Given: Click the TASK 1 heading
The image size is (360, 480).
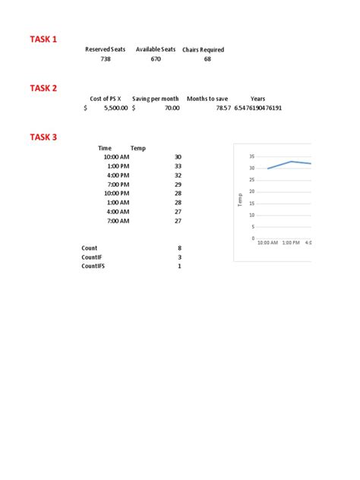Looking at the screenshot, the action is coord(43,39).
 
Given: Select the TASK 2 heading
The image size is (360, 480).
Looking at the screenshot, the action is coord(43,88).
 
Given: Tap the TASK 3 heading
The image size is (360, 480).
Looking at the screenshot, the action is coord(43,137).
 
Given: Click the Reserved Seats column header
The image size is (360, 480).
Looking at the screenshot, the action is coord(105,49).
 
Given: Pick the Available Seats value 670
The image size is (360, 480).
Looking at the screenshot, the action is coord(156,59).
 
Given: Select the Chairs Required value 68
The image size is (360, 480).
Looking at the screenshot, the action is coord(207,59).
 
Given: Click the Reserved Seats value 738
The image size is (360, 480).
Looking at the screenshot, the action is coord(106,59).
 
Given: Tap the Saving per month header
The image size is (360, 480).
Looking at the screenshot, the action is coord(156,99).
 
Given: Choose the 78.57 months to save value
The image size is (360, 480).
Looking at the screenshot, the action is coord(223,109).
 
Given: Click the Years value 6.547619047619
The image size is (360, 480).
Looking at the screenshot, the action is coord(258,109).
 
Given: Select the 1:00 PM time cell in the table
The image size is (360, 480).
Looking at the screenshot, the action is coord(118,166).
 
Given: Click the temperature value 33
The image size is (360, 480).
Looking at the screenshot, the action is coord(178,166).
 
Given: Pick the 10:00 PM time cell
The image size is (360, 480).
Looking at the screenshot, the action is coord(116,194).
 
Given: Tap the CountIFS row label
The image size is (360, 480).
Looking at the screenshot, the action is coord(93,267).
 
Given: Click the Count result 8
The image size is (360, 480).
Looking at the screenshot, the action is coord(179,248).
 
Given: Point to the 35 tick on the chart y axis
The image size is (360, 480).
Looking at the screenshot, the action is coord(251,156).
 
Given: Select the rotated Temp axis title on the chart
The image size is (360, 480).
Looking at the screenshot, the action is coord(240,200).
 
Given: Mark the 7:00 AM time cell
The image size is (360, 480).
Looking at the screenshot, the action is coord(118,221).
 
